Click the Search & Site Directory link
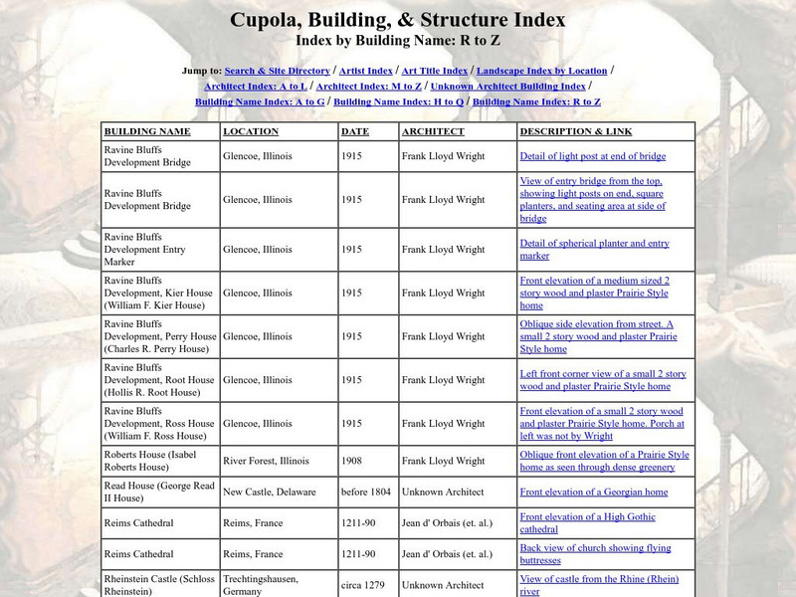point(277,71)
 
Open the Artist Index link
point(364,71)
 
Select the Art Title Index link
point(434,71)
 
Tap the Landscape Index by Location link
point(541,71)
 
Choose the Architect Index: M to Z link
point(369,87)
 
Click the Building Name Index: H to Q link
point(398,102)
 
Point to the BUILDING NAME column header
point(147,131)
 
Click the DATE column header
point(355,131)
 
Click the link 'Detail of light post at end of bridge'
point(593,156)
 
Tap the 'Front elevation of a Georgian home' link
point(594,493)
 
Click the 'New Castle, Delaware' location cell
point(270,493)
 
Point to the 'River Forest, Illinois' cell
point(268,461)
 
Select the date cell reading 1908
point(351,461)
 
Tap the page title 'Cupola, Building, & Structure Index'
point(398,19)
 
